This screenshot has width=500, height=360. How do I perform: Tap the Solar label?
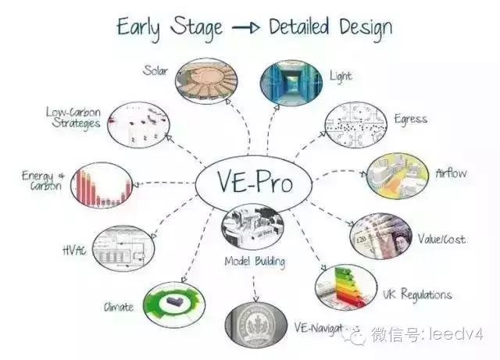pyautogui.click(x=155, y=71)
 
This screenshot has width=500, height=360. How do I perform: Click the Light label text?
pyautogui.click(x=341, y=77)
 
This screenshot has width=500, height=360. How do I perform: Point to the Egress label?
pyautogui.click(x=411, y=119)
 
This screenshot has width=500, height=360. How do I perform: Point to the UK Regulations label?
pyautogui.click(x=417, y=294)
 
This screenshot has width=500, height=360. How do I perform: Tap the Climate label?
pyautogui.click(x=119, y=307)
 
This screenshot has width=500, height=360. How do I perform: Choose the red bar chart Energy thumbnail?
pyautogui.click(x=102, y=185)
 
